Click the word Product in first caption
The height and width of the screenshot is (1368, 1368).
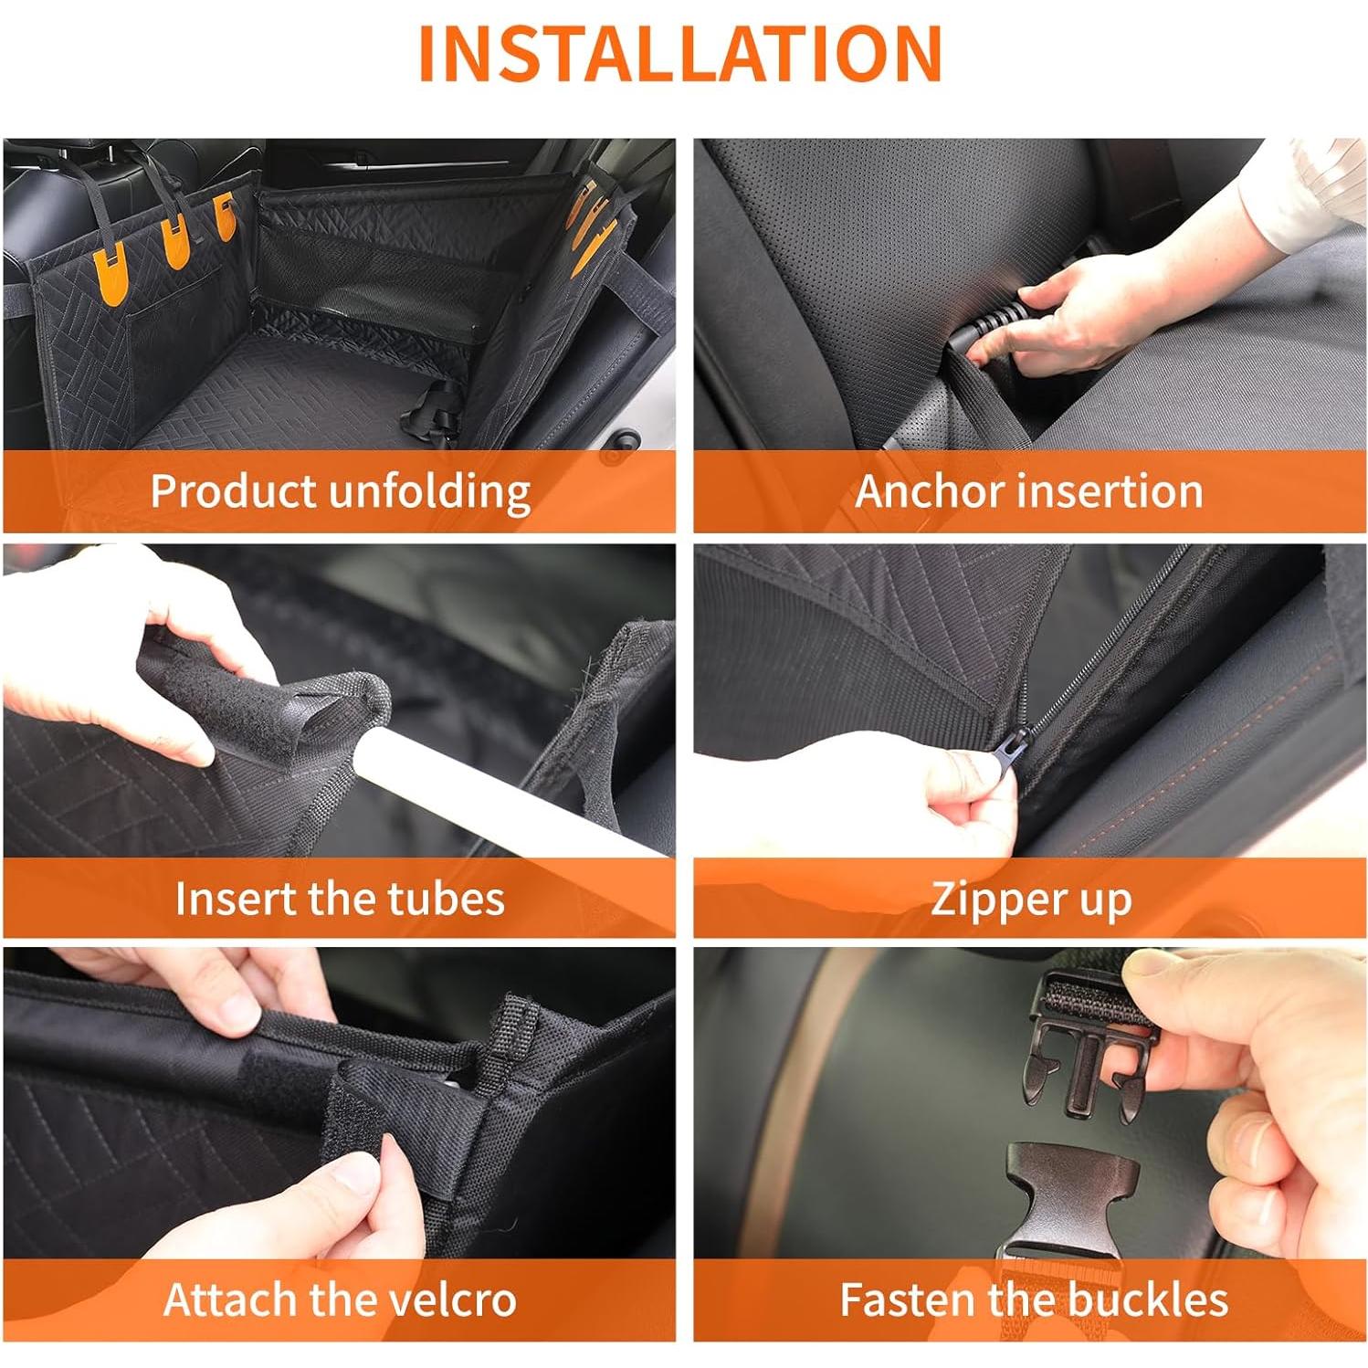point(235,490)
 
